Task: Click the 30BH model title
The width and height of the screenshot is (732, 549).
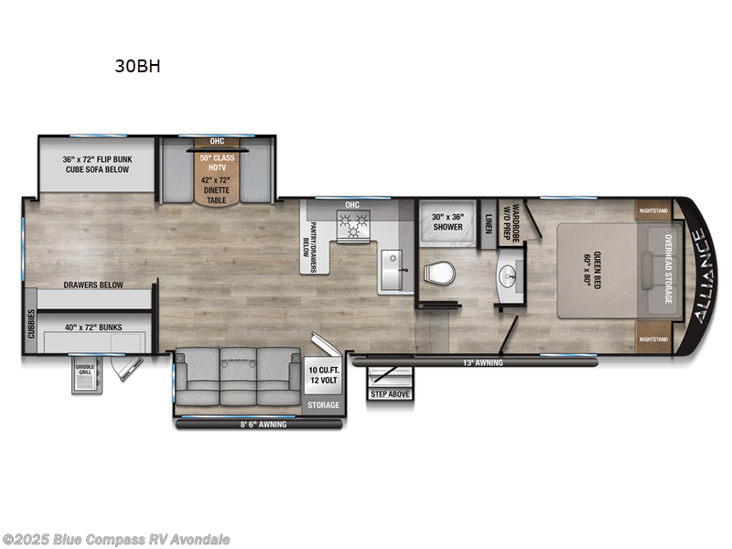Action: click(138, 66)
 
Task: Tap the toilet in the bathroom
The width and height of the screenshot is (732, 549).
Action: click(440, 273)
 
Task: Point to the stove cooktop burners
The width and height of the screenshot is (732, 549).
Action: click(353, 222)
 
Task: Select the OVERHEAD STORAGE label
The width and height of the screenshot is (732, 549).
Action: click(667, 270)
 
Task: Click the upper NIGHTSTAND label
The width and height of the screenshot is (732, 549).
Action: click(653, 210)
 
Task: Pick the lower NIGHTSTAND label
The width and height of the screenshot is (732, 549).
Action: click(653, 339)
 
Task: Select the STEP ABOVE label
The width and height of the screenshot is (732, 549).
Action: click(390, 393)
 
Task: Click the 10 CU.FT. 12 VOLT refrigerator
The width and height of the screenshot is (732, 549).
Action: click(323, 374)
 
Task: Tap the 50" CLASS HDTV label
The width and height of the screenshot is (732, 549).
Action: click(217, 163)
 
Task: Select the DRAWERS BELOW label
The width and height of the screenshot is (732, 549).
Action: click(93, 285)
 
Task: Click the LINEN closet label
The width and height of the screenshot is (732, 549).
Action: click(489, 223)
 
